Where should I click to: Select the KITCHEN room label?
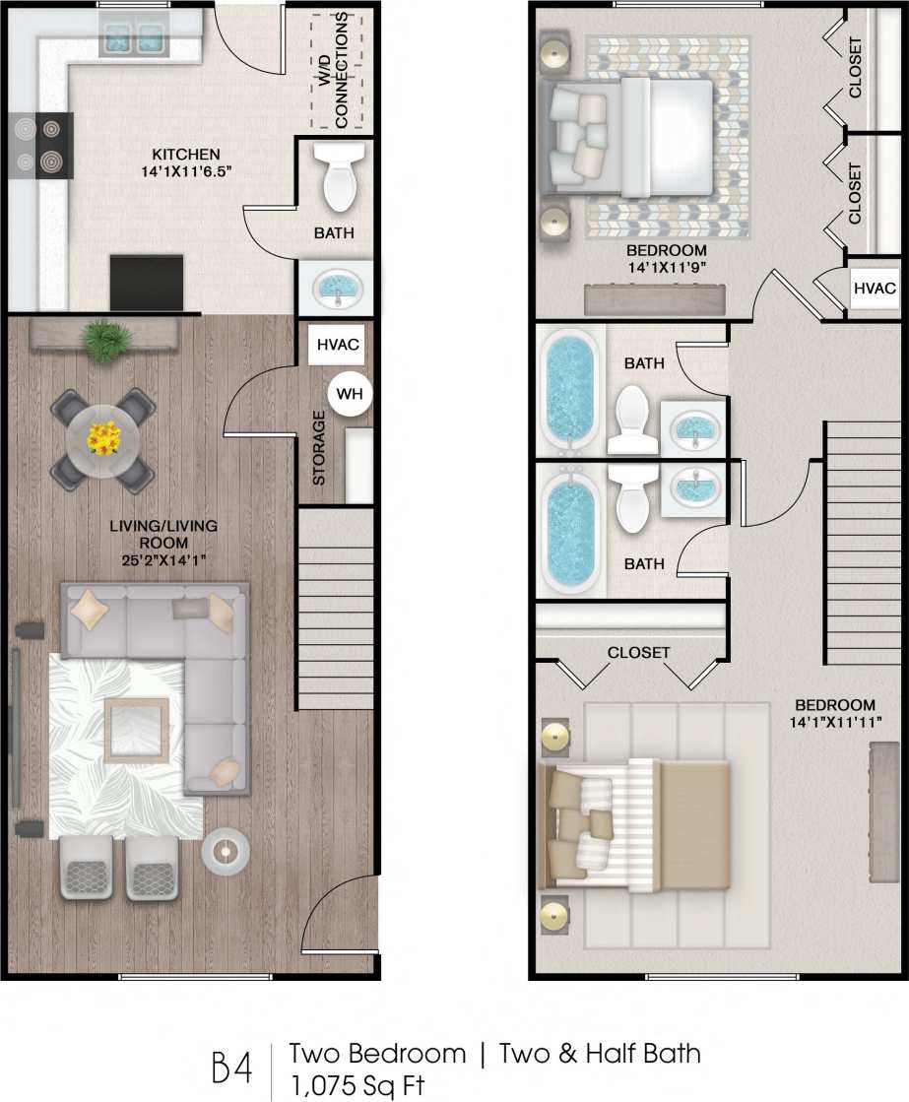pos(185,155)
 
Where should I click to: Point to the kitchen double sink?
pos(133,40)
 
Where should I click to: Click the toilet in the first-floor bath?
pos(338,176)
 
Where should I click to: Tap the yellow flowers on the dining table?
pos(102,437)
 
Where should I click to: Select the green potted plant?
pos(105,340)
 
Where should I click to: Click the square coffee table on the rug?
pos(136,730)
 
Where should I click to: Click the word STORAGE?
pos(319,447)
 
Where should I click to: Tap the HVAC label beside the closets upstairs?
pos(875,289)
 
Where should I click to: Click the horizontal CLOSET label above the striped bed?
pos(638,652)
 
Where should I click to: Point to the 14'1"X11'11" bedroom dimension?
pos(834,722)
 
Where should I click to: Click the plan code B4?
pos(232,1067)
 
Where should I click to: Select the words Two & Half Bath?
pos(601,1053)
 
